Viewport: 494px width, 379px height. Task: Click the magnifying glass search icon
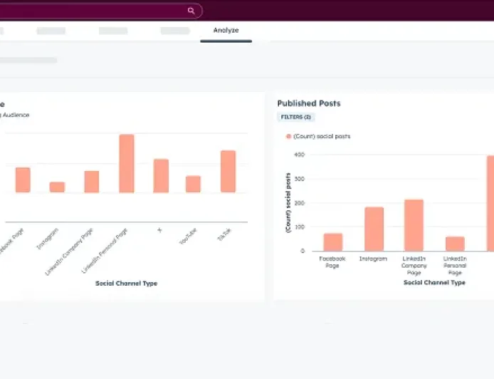pos(191,11)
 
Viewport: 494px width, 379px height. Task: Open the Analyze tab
pos(226,31)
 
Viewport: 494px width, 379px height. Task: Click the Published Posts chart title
pos(309,103)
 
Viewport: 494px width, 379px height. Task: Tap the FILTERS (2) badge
pos(295,117)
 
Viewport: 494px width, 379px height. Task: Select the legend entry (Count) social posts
pos(318,136)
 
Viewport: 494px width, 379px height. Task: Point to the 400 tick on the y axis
pos(301,155)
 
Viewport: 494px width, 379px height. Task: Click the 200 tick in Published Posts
pos(301,203)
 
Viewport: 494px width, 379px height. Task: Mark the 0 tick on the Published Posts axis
pos(303,251)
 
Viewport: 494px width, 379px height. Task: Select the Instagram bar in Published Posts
pos(374,229)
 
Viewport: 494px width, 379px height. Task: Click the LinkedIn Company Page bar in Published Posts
pos(414,225)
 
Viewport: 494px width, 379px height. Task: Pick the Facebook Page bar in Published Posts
pos(332,242)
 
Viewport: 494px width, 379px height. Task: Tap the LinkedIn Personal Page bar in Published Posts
pos(455,244)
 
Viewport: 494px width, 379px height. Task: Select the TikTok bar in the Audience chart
pos(228,171)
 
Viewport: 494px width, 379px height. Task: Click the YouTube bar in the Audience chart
pos(193,184)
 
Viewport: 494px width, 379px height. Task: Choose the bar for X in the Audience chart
pos(162,175)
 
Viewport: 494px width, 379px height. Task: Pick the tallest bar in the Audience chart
pos(127,163)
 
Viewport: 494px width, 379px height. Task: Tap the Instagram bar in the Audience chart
pos(57,187)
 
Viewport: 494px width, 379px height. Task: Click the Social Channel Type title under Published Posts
pos(434,283)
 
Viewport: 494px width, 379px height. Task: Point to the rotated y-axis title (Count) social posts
pos(288,202)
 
